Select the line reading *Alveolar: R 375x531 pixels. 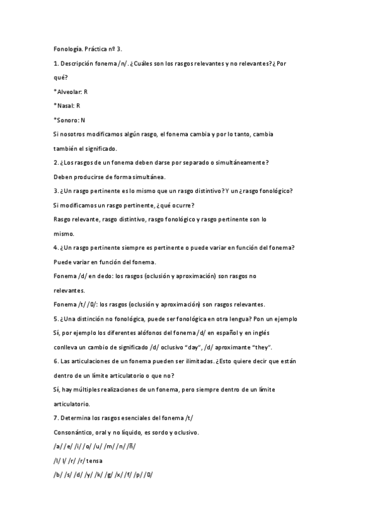71,91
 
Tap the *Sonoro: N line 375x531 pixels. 69,120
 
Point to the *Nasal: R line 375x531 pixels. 67,105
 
